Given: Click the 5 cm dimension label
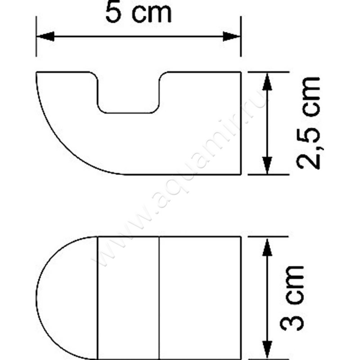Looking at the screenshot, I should coord(138,13).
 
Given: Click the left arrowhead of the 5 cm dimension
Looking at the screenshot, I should coord(45,36).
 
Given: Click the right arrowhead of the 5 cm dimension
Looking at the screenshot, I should coord(233,36).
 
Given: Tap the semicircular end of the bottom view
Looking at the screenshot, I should coord(67,297).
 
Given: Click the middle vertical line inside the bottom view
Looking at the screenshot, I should coord(160,297).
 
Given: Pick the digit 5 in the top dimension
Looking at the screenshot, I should coord(113,13).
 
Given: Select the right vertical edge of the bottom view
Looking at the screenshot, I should coord(242,297).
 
